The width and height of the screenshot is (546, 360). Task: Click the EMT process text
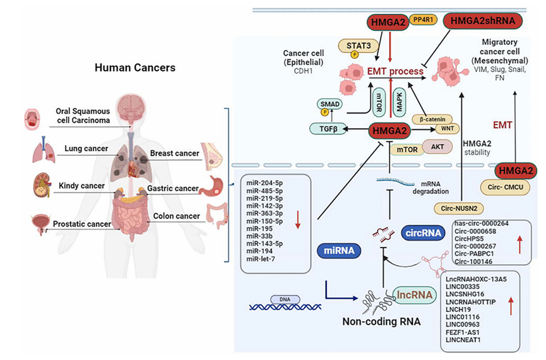(396, 71)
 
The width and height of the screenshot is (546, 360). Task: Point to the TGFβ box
(326, 129)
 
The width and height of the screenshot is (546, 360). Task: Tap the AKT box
(437, 147)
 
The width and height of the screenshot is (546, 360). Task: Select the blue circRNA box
(422, 234)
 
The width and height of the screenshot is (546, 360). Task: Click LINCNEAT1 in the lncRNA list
(468, 340)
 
